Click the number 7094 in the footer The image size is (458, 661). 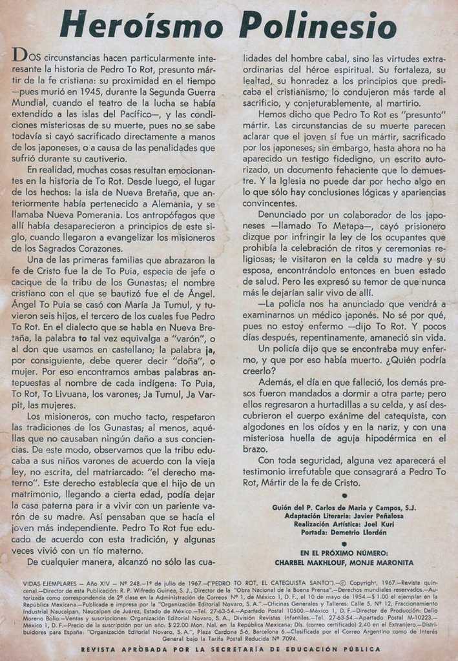coord(294,638)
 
